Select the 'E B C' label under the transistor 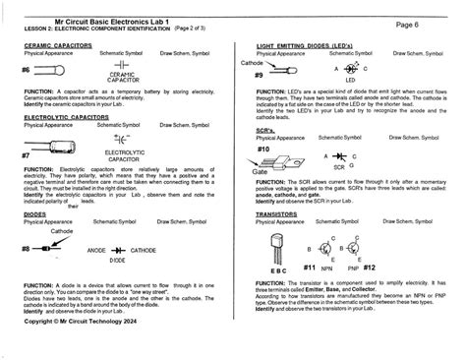[279, 270]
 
